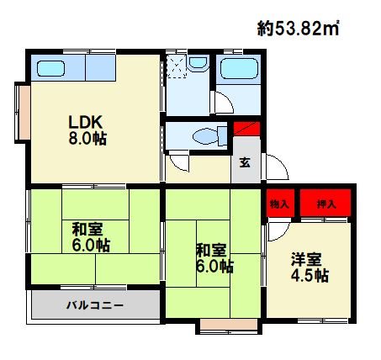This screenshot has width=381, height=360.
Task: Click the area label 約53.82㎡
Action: pyautogui.click(x=299, y=28)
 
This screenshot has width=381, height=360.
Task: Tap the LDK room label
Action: pyautogui.click(x=86, y=122)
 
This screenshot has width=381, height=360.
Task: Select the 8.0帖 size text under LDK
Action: pyautogui.click(x=87, y=138)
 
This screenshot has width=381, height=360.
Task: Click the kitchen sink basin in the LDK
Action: pyautogui.click(x=51, y=68)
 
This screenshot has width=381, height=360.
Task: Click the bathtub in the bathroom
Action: pyautogui.click(x=239, y=68)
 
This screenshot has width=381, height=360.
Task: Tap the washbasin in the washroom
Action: pyautogui.click(x=198, y=62)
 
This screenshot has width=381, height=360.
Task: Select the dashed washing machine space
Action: pyautogui.click(x=177, y=66)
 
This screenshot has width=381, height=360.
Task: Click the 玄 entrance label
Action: pyautogui.click(x=245, y=162)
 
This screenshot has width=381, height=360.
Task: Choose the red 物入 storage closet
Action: pyautogui.click(x=280, y=204)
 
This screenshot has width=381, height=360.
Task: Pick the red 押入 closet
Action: pyautogui.click(x=325, y=204)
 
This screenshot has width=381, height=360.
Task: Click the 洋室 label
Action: pyautogui.click(x=306, y=259)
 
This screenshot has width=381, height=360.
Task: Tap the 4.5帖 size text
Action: pyautogui.click(x=310, y=276)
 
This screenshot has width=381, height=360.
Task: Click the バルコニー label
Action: pyautogui.click(x=95, y=304)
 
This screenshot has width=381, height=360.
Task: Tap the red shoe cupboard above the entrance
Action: pyautogui.click(x=246, y=129)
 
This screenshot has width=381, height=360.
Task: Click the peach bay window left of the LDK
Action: pyautogui.click(x=24, y=113)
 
